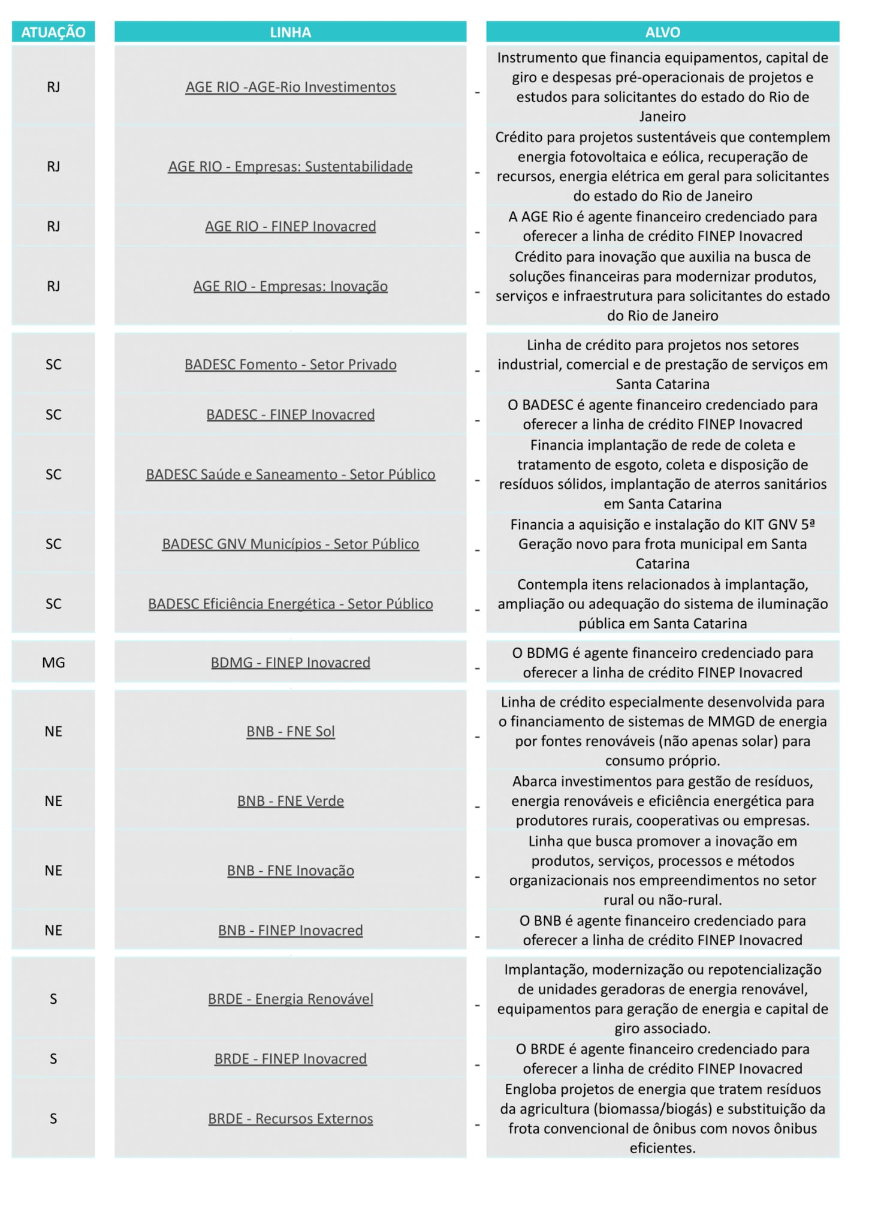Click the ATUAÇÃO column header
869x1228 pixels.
tap(53, 32)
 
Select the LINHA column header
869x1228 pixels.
tap(290, 32)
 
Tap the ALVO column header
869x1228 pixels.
tap(662, 32)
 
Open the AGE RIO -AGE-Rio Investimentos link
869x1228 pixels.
tap(291, 87)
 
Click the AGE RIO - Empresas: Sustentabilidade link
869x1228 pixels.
tap(290, 166)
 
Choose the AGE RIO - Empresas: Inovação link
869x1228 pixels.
tap(290, 286)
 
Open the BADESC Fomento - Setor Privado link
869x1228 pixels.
tap(290, 365)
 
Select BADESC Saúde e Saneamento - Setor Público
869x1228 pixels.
tap(290, 474)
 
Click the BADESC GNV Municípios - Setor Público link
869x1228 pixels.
tap(290, 544)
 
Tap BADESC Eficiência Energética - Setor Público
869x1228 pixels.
tap(290, 604)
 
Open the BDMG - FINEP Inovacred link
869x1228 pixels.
tap(290, 663)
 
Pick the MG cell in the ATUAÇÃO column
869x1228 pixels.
tap(53, 663)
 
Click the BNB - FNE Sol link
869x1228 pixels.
tap(290, 732)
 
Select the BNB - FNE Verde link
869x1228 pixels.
tap(290, 801)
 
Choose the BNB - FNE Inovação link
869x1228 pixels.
tap(290, 871)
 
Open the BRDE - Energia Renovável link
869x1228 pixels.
tap(290, 999)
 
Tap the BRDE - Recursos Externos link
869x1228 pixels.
tap(290, 1119)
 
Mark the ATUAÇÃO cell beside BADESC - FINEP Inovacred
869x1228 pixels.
tap(53, 414)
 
